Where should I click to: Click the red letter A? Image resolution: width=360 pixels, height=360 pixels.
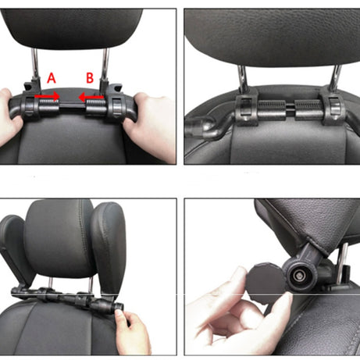pyautogui.click(x=52, y=77)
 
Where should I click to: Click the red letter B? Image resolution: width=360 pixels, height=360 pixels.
pyautogui.click(x=91, y=77)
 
